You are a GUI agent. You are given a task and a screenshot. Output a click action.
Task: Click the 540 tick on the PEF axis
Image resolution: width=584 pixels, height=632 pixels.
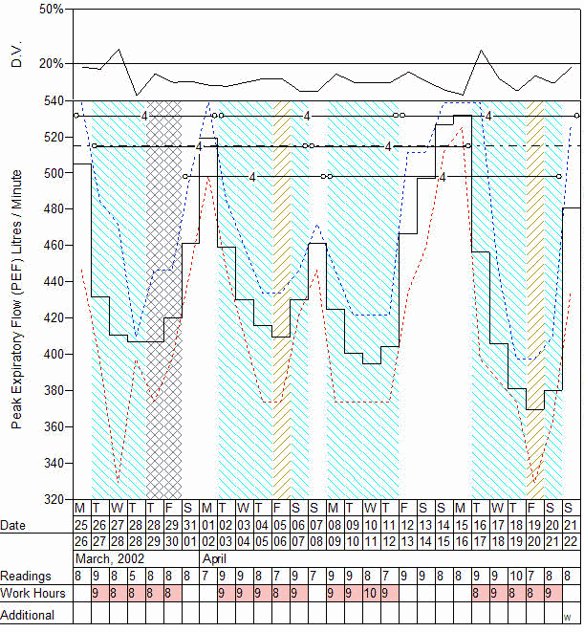[54, 100]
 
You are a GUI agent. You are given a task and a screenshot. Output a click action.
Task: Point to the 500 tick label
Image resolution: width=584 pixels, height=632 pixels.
[54, 173]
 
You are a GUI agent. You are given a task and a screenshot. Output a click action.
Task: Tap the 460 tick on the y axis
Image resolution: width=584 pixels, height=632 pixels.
[54, 246]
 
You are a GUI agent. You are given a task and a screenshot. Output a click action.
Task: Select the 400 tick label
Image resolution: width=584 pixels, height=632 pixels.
[54, 355]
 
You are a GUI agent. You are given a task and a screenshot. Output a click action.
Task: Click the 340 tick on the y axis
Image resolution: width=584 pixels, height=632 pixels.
[54, 464]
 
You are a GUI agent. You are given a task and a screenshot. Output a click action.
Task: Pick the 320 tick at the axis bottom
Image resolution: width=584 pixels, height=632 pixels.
[54, 499]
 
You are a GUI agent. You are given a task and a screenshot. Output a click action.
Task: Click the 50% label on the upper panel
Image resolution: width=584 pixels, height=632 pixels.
[52, 10]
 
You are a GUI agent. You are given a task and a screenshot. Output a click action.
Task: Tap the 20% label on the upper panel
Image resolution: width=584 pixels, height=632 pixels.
[52, 64]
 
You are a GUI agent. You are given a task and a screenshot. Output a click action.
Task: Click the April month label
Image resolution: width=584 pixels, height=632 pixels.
[214, 557]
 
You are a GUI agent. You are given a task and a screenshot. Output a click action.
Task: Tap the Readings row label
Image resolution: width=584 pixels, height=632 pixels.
[26, 577]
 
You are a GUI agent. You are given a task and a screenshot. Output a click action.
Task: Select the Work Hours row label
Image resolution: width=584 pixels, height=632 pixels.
[32, 595]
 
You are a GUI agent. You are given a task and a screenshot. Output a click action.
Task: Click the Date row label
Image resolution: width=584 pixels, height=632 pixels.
[14, 526]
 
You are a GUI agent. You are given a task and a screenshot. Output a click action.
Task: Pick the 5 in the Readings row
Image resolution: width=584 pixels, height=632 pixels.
[132, 577]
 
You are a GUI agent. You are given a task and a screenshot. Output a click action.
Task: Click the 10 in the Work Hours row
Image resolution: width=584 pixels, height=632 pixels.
[369, 595]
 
